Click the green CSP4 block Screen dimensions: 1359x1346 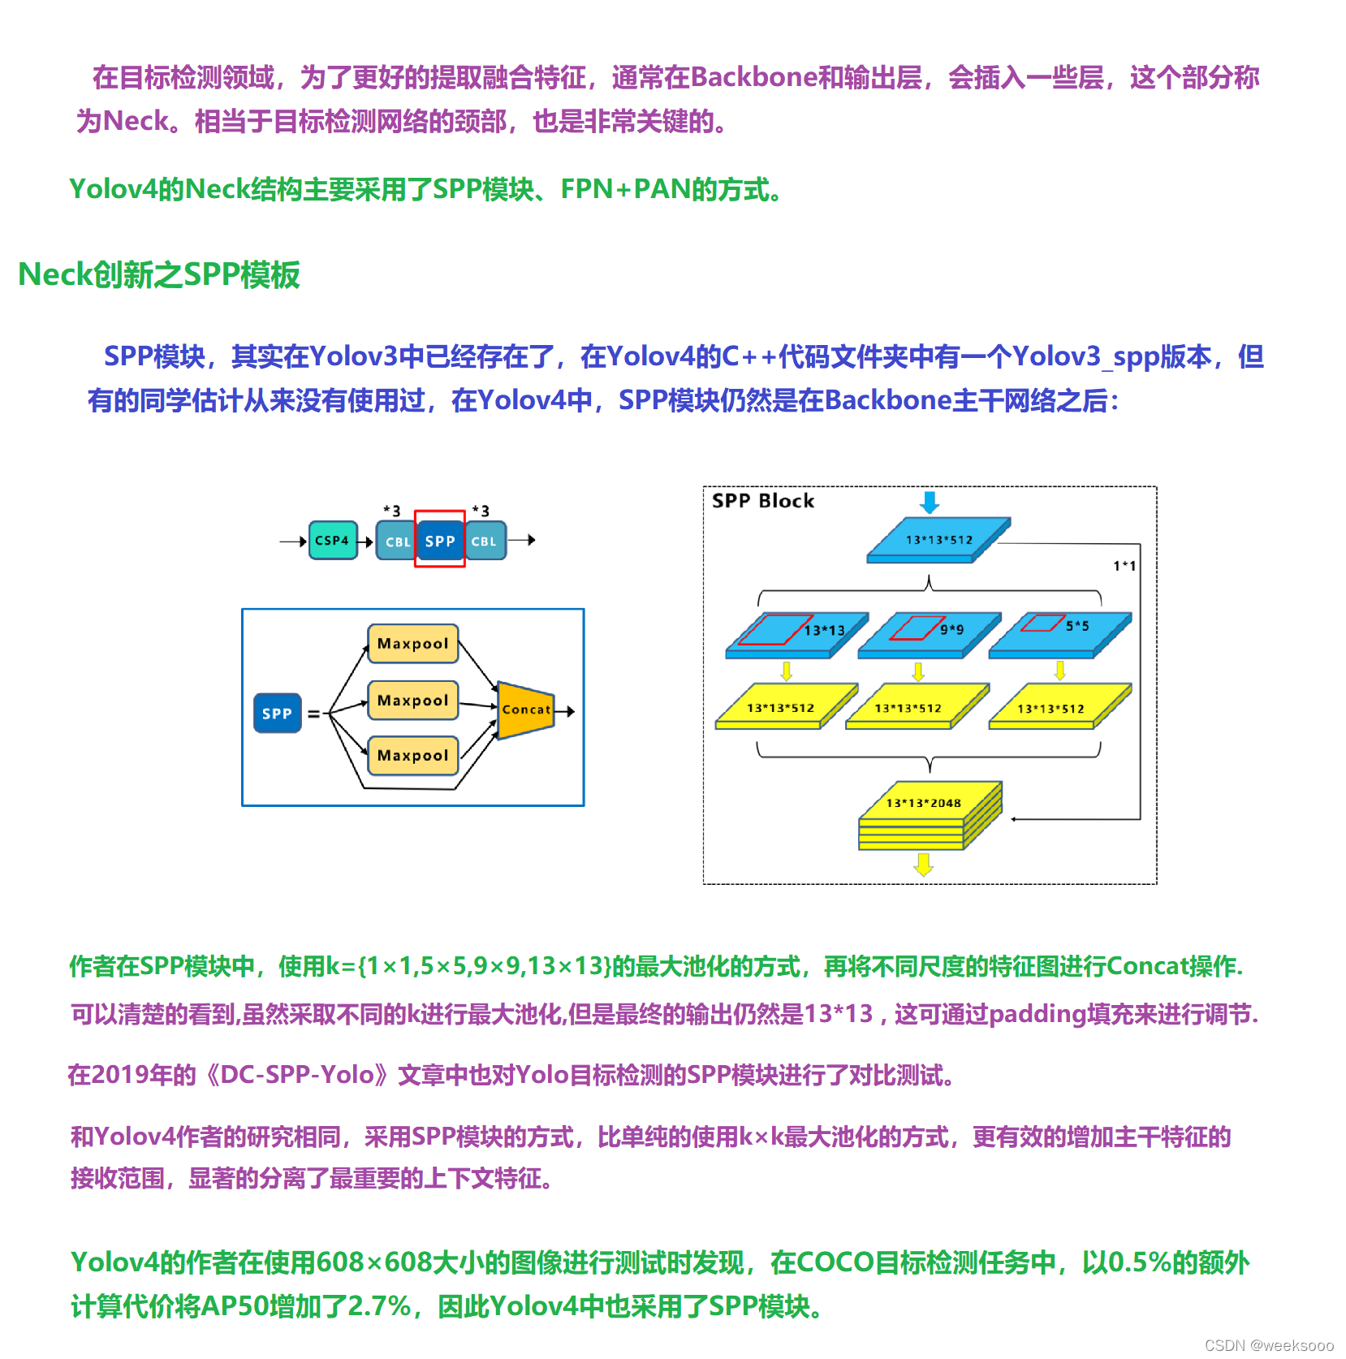coord(333,541)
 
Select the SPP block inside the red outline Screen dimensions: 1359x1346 coord(440,541)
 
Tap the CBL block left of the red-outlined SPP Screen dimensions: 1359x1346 coord(396,541)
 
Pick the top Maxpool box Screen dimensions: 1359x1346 coord(412,644)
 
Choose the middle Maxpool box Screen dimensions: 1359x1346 coord(412,701)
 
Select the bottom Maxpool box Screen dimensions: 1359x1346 coord(412,756)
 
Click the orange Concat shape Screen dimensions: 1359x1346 coord(525,710)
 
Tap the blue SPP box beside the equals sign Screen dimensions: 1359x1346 coord(277,714)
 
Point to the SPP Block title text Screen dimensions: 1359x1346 coord(762,501)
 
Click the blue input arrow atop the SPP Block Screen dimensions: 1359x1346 coord(930,502)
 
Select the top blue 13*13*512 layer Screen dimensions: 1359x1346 coord(938,540)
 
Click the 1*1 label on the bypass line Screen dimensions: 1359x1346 coord(1124,566)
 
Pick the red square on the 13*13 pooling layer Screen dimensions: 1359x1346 coord(774,630)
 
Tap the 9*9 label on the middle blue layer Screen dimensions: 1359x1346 coord(951,629)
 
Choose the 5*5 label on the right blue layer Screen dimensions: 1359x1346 coord(1077,626)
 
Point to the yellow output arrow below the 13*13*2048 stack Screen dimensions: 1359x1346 coord(923,864)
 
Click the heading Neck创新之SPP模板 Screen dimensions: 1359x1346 coord(159,275)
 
